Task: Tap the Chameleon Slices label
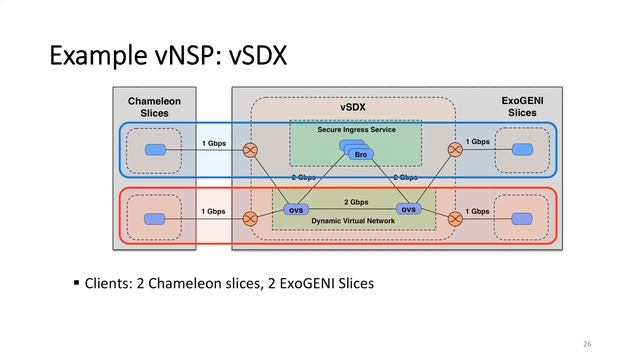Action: pos(155,107)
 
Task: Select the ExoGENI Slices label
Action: pos(522,107)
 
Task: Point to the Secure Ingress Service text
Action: pos(356,130)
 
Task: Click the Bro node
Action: pos(361,154)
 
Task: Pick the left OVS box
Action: pos(296,210)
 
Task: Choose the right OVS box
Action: pos(408,209)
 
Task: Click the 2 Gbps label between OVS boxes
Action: pos(356,202)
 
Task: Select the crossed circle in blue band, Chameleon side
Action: pos(250,150)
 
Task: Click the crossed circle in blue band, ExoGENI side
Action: pos(456,150)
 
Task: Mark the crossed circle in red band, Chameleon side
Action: pos(250,217)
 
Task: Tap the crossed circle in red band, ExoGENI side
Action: pos(456,217)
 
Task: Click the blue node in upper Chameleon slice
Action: pos(155,150)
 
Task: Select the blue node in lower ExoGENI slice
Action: pos(521,217)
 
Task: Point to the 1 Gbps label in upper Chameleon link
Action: pos(213,143)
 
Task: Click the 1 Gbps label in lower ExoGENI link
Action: pos(478,211)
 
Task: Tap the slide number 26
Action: pos(586,344)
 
